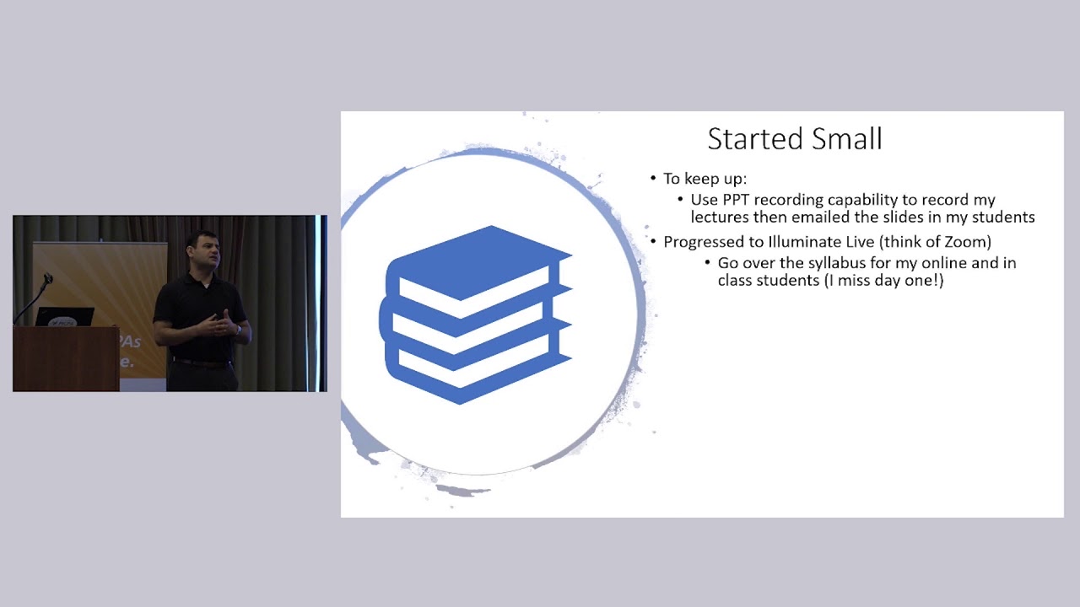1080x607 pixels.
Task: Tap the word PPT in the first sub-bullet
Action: tap(737, 200)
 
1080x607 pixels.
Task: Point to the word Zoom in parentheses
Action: tap(967, 242)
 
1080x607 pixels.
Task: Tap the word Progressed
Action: tap(701, 242)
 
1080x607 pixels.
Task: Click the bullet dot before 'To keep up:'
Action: tap(653, 179)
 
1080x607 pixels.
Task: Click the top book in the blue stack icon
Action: tap(481, 261)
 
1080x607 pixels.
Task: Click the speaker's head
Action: tap(205, 249)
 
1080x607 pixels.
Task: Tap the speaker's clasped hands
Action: tap(221, 323)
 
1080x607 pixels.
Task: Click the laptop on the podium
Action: tap(65, 317)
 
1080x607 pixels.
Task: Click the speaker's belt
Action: tap(201, 363)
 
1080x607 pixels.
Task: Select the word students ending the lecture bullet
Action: tap(1003, 217)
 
